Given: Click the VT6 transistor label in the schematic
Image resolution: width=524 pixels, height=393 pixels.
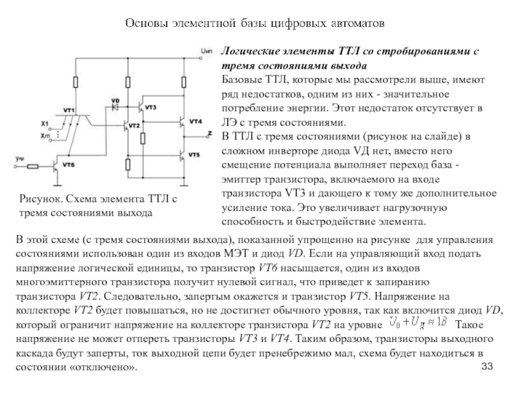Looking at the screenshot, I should click(x=69, y=165).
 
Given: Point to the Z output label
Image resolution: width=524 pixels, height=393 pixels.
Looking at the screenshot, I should click(x=209, y=133).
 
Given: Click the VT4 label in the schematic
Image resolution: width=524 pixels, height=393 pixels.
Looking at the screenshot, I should click(x=195, y=121).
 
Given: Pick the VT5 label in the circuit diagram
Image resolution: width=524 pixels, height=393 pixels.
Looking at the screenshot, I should click(x=194, y=154).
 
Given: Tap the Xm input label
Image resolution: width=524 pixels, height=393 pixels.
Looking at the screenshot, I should click(x=45, y=134).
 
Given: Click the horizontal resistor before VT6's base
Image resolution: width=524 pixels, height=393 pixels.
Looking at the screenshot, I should click(x=33, y=167).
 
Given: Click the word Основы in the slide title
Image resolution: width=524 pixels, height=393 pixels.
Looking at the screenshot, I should click(x=145, y=23).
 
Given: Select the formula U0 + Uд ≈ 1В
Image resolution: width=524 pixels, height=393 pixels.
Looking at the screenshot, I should click(x=417, y=322).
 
